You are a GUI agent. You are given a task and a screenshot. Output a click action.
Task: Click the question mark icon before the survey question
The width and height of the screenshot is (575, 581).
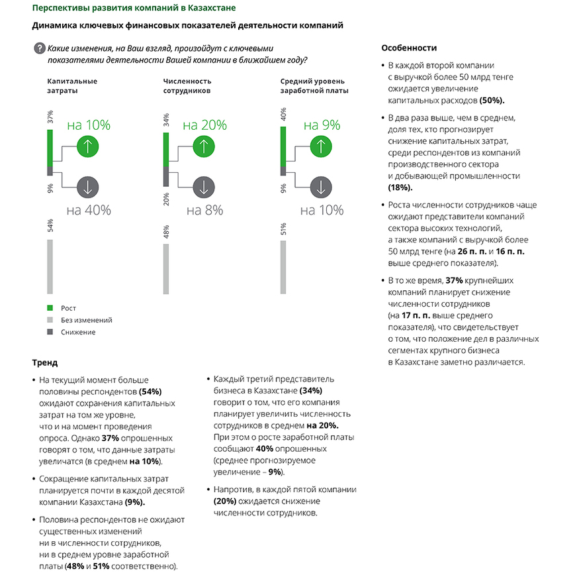pos(39,48)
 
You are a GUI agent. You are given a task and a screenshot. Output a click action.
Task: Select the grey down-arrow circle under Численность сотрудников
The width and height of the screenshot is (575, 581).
pos(204,187)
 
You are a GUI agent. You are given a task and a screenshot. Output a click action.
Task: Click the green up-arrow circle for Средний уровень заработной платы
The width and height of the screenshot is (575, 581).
pos(321,146)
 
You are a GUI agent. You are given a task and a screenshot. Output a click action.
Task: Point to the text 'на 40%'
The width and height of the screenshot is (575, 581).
pos(89,211)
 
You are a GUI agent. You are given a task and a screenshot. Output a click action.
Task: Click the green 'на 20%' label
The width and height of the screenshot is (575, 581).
pos(204,125)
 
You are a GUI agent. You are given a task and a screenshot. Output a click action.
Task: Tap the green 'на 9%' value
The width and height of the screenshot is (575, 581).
pos(322,125)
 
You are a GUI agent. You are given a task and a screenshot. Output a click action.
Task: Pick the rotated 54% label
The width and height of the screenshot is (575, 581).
pos(50,226)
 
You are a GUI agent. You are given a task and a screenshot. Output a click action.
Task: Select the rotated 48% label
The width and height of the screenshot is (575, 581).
pos(166,232)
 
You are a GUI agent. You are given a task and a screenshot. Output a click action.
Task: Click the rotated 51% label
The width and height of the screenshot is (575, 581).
pos(283,230)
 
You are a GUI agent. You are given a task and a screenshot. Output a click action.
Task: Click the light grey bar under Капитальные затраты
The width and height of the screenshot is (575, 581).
pos(50,266)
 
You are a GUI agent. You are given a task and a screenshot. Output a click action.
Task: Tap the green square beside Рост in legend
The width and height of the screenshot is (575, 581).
pos(50,308)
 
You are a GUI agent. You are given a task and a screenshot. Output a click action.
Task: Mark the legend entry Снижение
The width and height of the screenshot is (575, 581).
pos(78,332)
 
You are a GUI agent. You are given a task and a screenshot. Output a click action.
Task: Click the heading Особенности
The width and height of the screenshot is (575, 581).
pos(409,48)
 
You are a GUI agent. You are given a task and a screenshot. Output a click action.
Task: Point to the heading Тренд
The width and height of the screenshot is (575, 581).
pos(45,363)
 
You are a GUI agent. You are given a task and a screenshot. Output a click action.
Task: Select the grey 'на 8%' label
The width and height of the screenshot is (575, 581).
pos(204,211)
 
